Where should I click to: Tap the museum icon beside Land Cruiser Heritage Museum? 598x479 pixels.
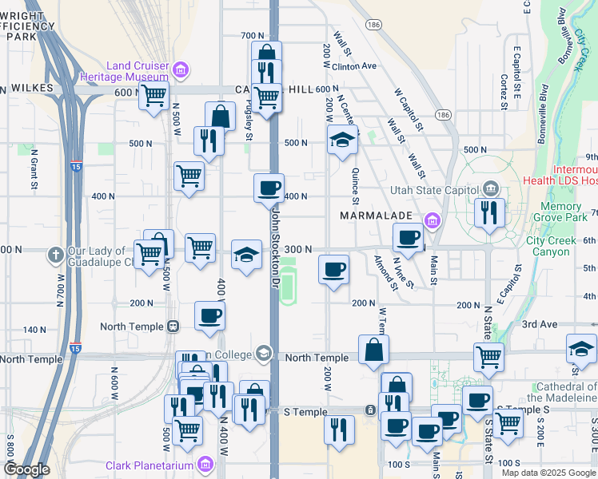[x=181, y=70]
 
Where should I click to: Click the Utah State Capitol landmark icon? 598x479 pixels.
[x=490, y=189]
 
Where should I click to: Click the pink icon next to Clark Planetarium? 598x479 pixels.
[x=206, y=464]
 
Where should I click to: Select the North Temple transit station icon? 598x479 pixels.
[x=172, y=327]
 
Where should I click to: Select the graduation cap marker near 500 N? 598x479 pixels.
[x=342, y=141]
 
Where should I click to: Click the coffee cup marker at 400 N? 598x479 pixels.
[x=269, y=188]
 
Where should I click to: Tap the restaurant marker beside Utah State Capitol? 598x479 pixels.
[x=488, y=212]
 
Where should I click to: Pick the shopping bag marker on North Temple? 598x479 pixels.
[x=373, y=349]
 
